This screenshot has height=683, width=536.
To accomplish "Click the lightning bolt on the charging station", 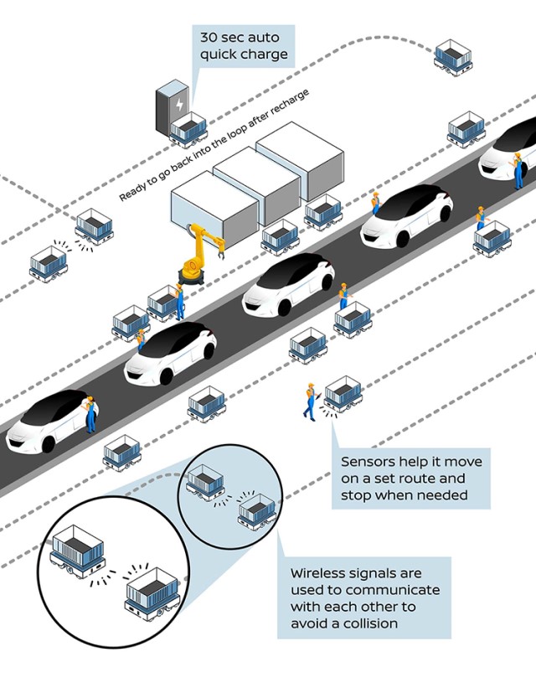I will [x=178, y=104].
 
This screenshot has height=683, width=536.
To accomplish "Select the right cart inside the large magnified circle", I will [x=152, y=593].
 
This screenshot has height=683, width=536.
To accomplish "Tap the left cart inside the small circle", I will [x=204, y=482].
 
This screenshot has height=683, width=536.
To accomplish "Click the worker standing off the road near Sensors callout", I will [x=311, y=401].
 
